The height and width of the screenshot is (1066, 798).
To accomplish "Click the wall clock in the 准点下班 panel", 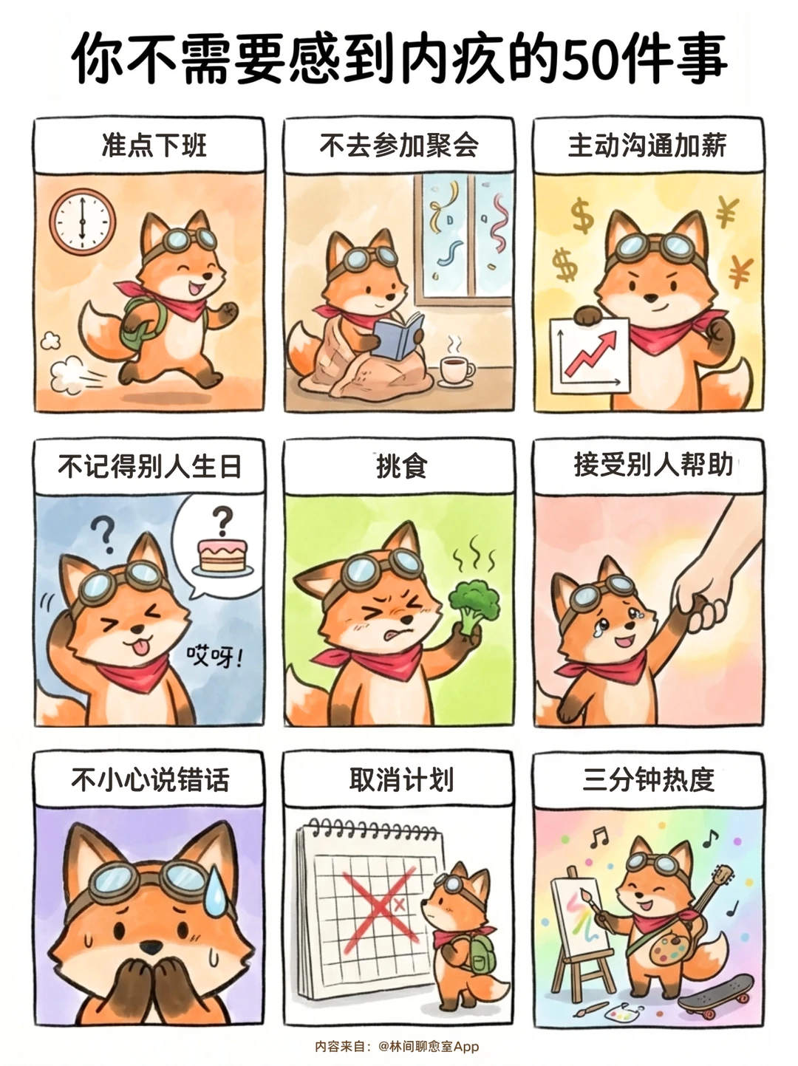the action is [x=83, y=222].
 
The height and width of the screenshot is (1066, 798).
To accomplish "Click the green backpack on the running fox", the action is [x=141, y=321].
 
